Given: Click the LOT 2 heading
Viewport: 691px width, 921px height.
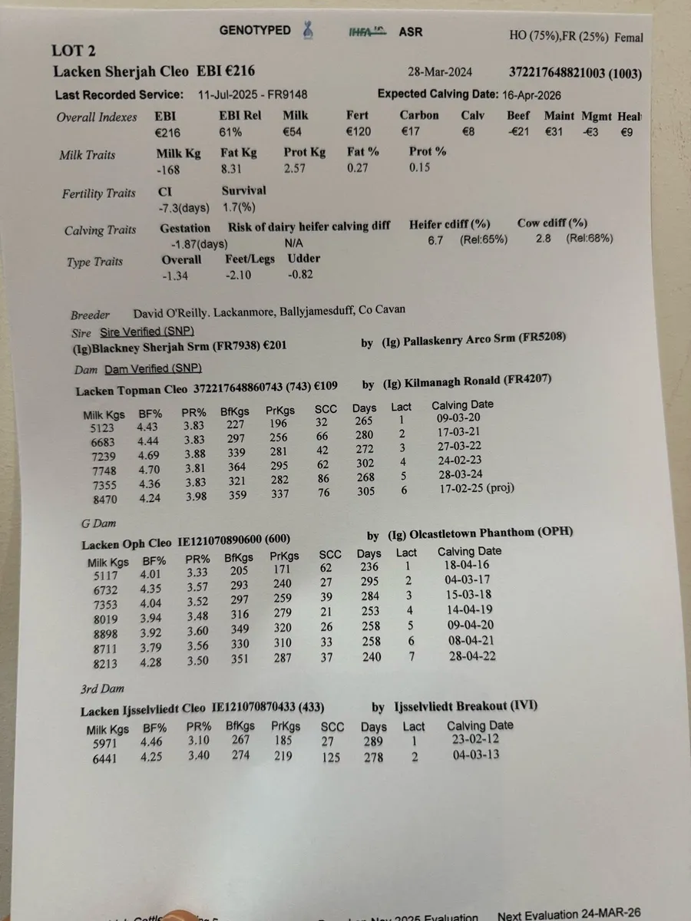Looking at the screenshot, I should [x=74, y=51].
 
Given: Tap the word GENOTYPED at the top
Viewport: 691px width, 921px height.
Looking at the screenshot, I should [x=255, y=31].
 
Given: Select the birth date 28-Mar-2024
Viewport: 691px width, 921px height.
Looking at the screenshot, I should [x=441, y=73].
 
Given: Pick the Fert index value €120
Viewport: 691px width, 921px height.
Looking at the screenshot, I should [x=358, y=132].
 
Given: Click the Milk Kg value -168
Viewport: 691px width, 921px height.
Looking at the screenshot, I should [x=168, y=170].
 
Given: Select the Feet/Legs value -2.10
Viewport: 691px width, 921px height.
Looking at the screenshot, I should [x=240, y=275].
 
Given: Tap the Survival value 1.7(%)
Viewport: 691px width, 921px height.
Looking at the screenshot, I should [x=238, y=206].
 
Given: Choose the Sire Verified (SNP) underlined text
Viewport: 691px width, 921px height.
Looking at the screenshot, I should [x=147, y=332].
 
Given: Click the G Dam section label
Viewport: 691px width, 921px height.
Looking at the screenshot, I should [x=98, y=524].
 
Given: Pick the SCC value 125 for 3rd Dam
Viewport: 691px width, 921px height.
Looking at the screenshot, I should [x=332, y=758].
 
